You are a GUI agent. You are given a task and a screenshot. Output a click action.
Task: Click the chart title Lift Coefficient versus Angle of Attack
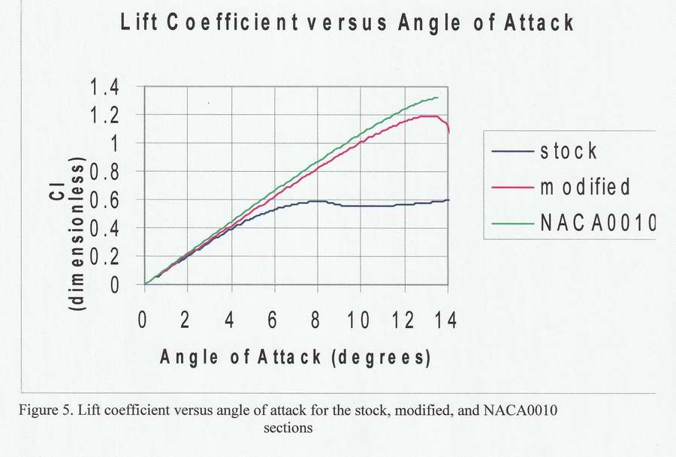[347, 23]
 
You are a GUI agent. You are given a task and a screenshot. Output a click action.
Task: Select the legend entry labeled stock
[569, 151]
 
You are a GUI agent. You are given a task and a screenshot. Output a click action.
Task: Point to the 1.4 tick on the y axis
[105, 87]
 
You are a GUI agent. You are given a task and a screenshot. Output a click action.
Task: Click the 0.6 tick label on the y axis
[105, 200]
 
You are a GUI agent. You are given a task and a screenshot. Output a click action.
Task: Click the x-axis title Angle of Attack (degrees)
[295, 356]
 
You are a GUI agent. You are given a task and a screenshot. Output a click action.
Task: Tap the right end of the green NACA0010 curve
[438, 98]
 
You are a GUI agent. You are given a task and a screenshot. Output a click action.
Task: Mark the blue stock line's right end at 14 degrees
[448, 200]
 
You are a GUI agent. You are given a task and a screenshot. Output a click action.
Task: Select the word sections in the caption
[288, 429]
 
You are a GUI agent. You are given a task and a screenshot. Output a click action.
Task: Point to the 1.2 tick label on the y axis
[105, 116]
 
